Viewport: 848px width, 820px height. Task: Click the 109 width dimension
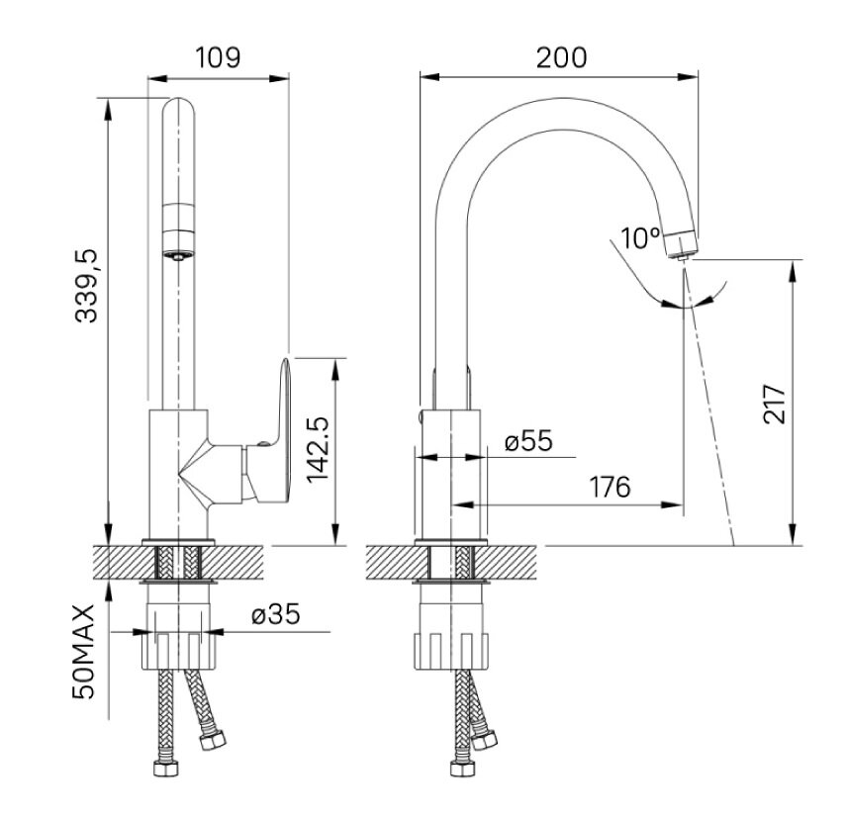coord(218,56)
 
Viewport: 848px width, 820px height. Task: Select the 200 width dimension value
coord(561,56)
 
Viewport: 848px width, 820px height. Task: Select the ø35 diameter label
coord(276,615)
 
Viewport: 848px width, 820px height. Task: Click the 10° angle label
coord(640,237)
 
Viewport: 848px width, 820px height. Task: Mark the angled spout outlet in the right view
coord(681,241)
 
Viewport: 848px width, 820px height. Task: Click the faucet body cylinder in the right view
coord(449,475)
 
